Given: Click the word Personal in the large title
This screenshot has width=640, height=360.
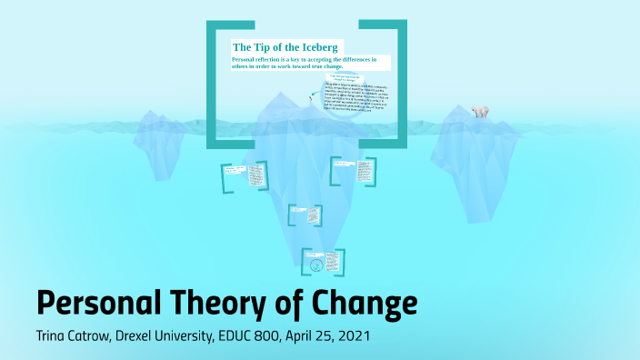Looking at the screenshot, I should click(x=99, y=301).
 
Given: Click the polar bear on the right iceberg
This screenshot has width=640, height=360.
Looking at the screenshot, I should click(x=478, y=112).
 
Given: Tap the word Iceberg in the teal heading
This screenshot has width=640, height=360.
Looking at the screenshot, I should click(x=320, y=46).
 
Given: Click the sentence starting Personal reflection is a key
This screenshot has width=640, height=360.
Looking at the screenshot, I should click(x=310, y=63).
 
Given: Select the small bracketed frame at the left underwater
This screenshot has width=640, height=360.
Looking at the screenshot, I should click(x=244, y=176).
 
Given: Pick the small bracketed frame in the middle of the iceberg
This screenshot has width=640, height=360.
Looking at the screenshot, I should click(x=305, y=215).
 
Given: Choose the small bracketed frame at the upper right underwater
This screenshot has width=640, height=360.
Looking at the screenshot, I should click(x=354, y=171).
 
